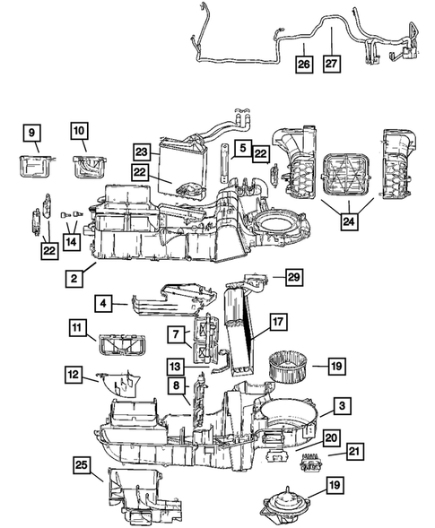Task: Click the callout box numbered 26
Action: coord(304,65)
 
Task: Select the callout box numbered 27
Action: coord(333,65)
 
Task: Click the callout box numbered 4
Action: coord(107,306)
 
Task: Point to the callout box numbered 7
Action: coord(177,334)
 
